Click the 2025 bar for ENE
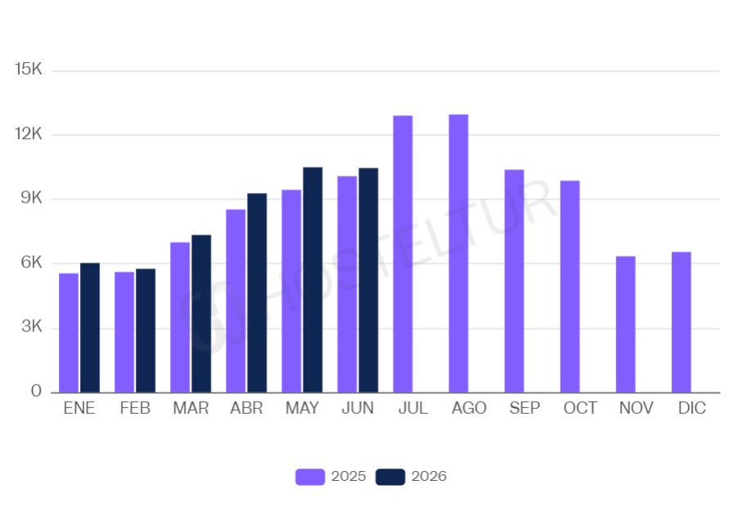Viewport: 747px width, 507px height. (x=69, y=333)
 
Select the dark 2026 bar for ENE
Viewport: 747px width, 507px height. (x=90, y=328)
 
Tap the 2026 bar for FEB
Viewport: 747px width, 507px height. (x=146, y=330)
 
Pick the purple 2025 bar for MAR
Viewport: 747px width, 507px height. (x=180, y=317)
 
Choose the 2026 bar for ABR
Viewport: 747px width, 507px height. (x=257, y=293)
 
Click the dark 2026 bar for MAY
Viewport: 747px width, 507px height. (x=313, y=280)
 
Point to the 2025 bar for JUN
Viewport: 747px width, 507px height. (x=347, y=285)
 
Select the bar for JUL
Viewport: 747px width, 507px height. (x=403, y=254)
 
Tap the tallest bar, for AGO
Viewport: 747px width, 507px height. (x=459, y=253)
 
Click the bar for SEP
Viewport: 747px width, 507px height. (x=515, y=280)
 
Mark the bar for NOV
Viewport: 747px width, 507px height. (x=626, y=325)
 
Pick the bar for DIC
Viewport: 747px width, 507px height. (x=682, y=322)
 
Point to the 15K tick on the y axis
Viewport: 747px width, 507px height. (x=28, y=69)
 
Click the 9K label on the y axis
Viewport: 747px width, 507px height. (x=31, y=198)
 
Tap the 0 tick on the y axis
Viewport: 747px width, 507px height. (x=36, y=391)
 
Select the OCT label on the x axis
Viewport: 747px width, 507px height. (x=580, y=408)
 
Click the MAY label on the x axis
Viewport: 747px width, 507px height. (x=302, y=408)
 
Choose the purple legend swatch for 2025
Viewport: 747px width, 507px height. (x=310, y=477)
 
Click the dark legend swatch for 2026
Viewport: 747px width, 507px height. (x=390, y=477)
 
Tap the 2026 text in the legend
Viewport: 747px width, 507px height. (x=430, y=476)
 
